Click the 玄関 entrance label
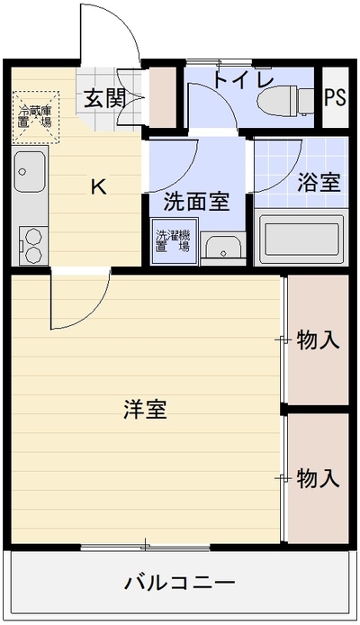104,98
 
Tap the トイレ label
243,79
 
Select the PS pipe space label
335,97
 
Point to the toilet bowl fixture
277,101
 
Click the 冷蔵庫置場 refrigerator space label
35,116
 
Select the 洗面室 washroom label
197,202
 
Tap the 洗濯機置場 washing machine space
174,240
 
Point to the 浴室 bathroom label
319,183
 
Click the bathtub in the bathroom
301,240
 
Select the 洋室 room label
145,409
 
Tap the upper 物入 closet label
319,340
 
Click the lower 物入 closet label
319,477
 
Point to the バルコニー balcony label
180,584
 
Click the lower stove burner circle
33,253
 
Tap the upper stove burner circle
33,236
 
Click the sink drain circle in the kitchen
22,172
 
